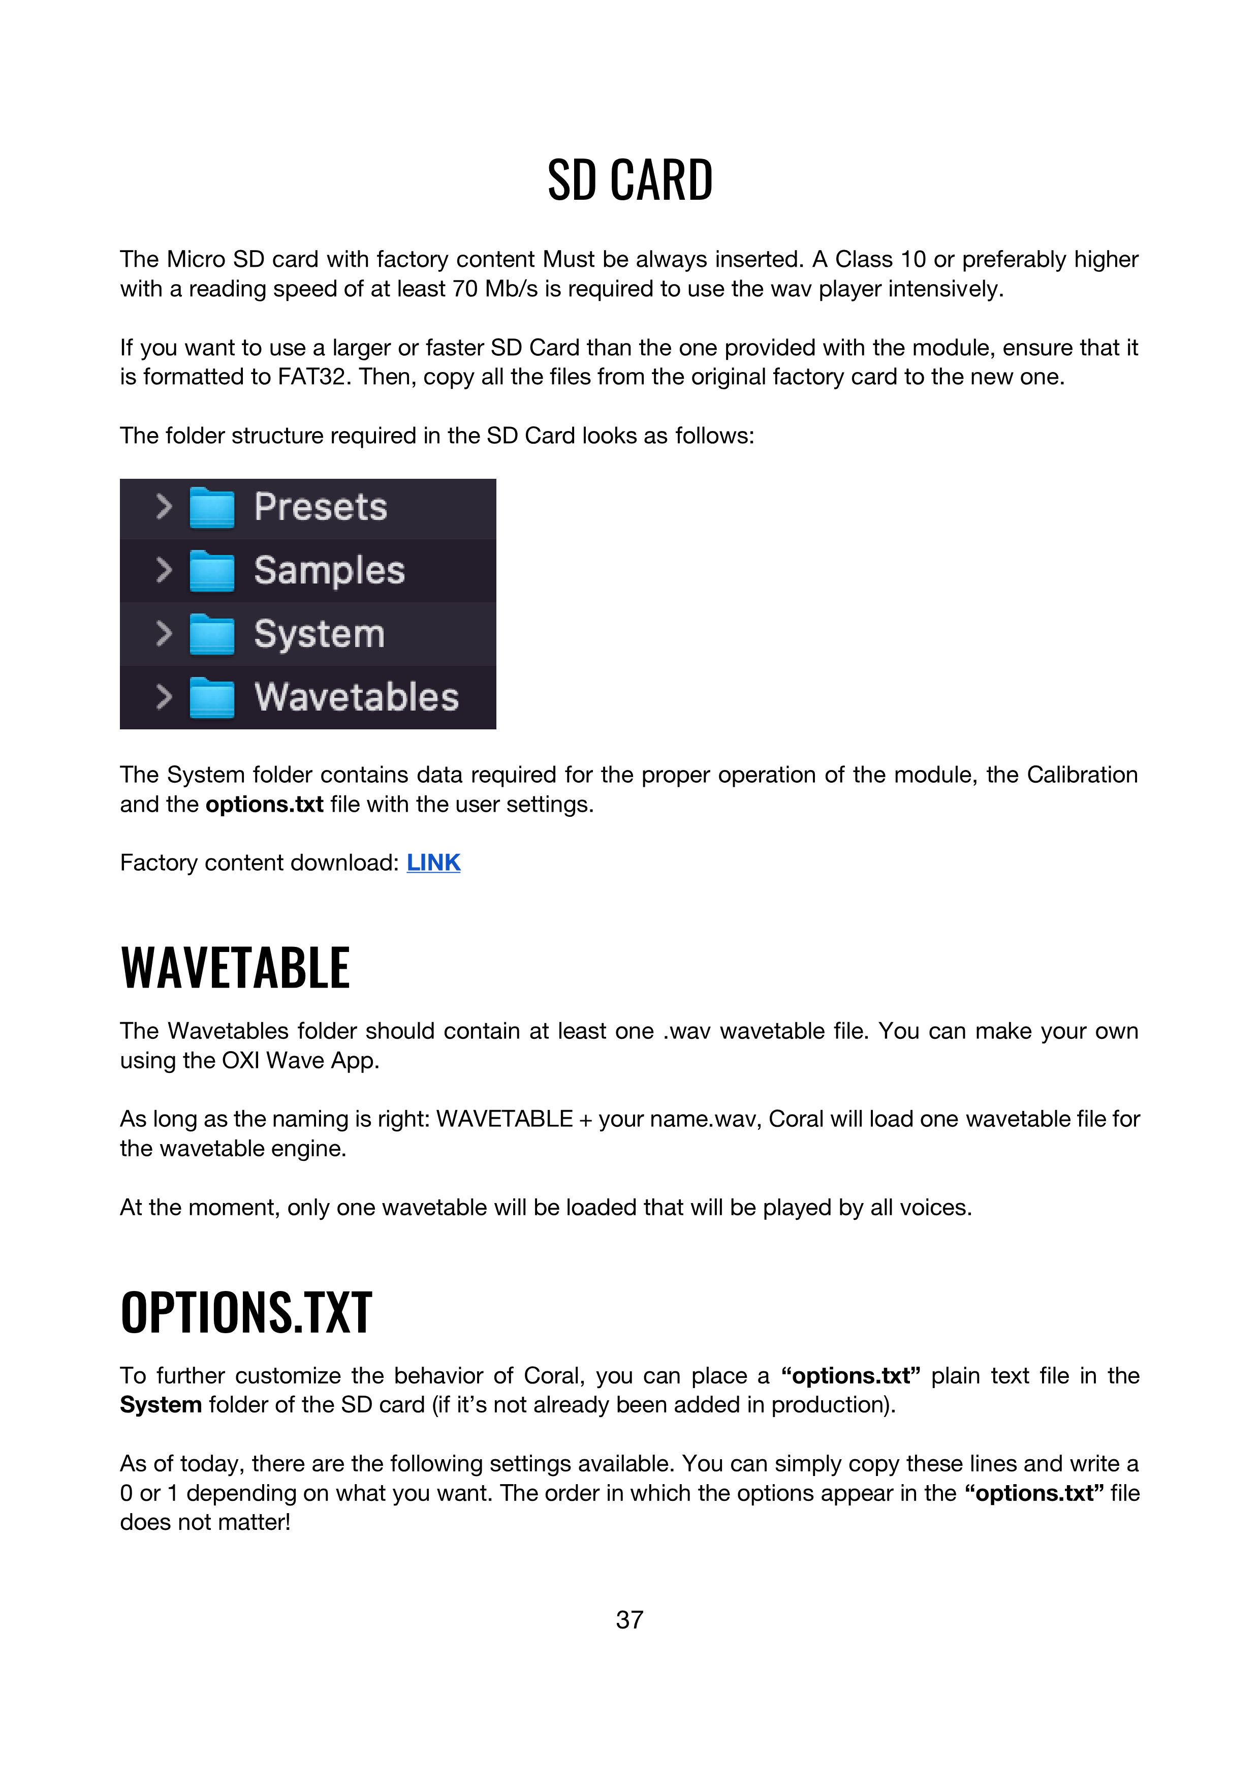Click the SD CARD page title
(x=629, y=180)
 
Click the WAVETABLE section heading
(x=235, y=968)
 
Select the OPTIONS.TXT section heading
(x=246, y=1312)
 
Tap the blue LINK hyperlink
(x=433, y=863)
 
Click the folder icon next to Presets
(x=212, y=508)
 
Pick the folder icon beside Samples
(x=212, y=571)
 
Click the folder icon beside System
(x=212, y=634)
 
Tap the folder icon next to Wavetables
(x=212, y=697)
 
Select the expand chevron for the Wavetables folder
(x=163, y=697)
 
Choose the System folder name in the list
(x=319, y=634)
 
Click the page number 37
(x=629, y=1620)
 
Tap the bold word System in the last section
(x=161, y=1405)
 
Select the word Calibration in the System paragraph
(x=1082, y=775)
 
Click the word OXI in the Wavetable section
(x=241, y=1061)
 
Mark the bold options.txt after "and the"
(x=264, y=805)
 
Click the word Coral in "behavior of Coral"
(x=551, y=1376)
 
